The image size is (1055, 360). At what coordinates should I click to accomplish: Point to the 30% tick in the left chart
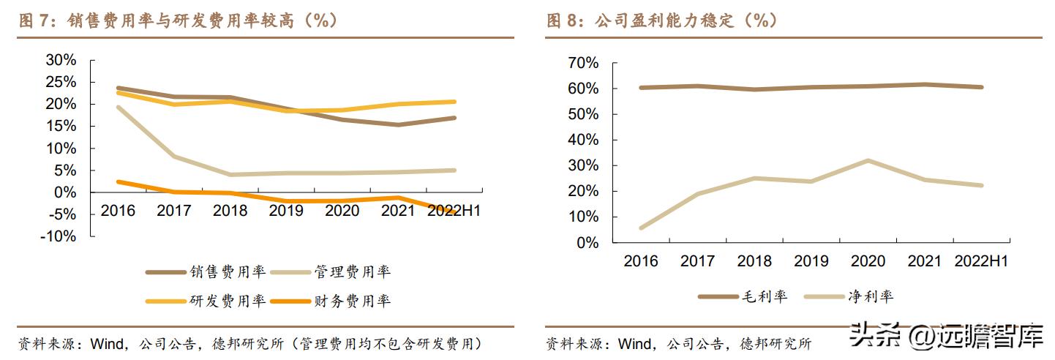(x=61, y=60)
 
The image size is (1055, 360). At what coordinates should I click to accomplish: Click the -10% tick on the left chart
(x=59, y=236)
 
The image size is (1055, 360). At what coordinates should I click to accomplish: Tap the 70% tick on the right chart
(x=583, y=63)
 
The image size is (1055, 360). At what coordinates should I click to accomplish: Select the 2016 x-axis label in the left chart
(x=118, y=211)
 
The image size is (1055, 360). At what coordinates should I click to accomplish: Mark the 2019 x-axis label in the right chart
(x=811, y=261)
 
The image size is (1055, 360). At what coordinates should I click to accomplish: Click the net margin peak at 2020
(x=868, y=160)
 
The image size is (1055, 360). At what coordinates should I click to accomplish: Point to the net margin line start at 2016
(x=642, y=228)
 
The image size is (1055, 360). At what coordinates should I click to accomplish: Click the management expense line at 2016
(x=118, y=107)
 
